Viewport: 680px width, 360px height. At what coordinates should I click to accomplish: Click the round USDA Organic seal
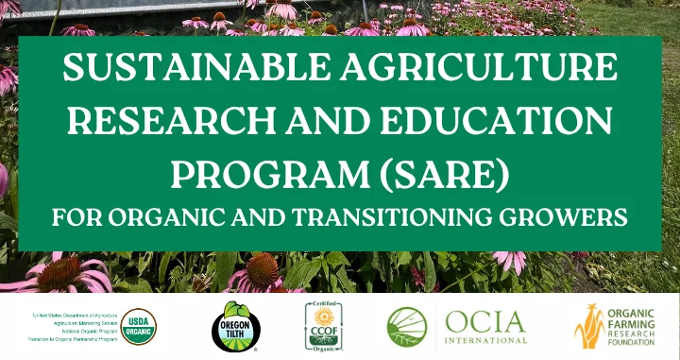click(x=139, y=326)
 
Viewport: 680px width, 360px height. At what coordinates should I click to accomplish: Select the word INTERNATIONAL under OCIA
click(x=485, y=340)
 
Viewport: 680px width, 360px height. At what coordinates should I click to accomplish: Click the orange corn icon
click(x=589, y=327)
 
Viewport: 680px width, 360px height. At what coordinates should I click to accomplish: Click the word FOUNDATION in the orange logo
click(x=637, y=342)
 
